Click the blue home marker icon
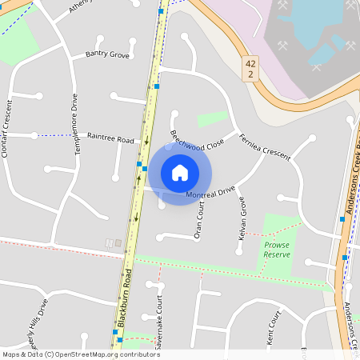[180, 172]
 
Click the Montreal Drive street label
[210, 193]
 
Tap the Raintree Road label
[110, 138]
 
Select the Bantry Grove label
[107, 55]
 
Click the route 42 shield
[250, 68]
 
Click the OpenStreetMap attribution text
[80, 354]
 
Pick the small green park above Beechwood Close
[212, 118]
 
